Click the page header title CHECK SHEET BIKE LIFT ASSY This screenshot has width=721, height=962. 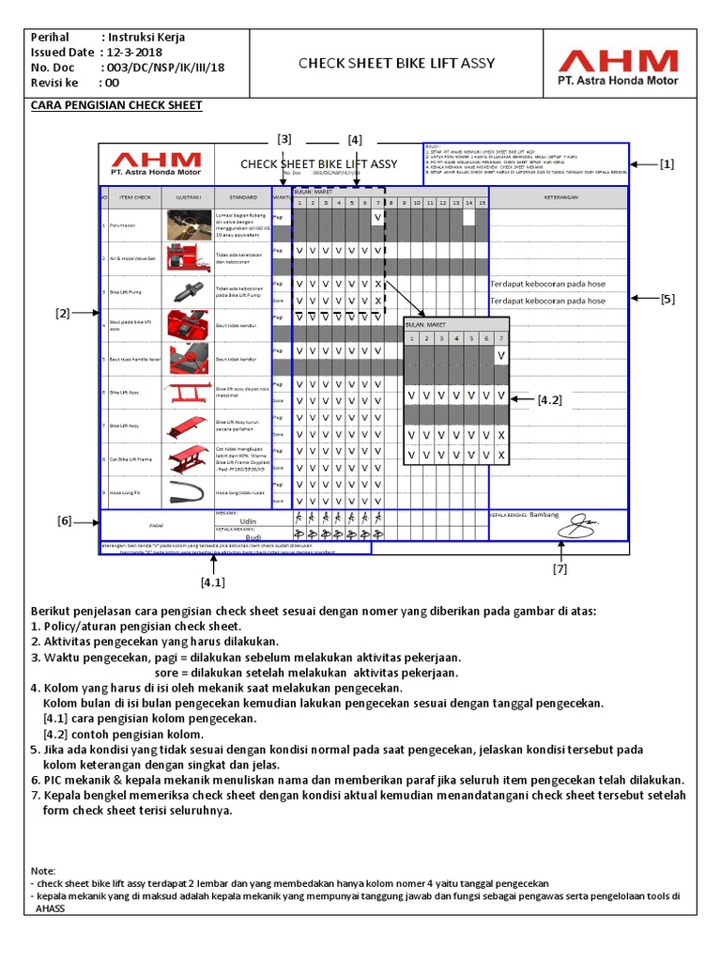[x=396, y=64]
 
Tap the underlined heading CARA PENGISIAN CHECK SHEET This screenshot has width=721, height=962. [x=116, y=104]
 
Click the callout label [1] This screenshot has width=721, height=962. [x=667, y=163]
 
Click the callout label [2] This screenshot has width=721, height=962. [x=64, y=313]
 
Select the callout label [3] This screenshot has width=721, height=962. [x=284, y=139]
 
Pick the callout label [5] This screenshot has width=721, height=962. [x=667, y=299]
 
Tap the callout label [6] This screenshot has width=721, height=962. [x=64, y=520]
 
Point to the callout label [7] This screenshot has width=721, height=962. [x=560, y=568]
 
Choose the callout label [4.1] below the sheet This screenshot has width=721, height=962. [x=213, y=582]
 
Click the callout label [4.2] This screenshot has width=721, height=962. [x=549, y=399]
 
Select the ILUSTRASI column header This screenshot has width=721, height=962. [x=189, y=198]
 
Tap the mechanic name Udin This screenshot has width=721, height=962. [x=249, y=520]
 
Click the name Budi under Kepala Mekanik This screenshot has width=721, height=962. [x=253, y=538]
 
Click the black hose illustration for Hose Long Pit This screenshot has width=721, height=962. [x=189, y=491]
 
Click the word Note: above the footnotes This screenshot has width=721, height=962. [x=43, y=871]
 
